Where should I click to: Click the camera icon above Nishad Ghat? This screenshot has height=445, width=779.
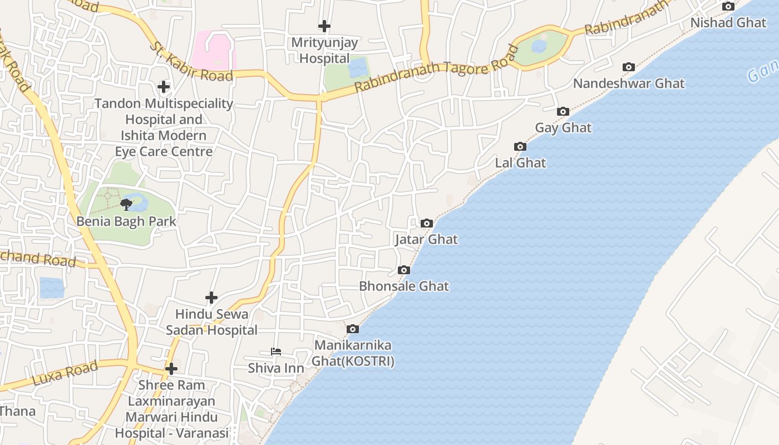(x=728, y=7)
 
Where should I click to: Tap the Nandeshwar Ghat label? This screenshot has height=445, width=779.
(x=629, y=83)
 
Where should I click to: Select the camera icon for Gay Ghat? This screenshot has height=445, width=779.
(x=563, y=112)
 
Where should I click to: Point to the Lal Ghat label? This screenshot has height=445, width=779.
(x=521, y=163)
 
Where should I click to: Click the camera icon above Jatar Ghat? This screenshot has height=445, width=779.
(x=427, y=224)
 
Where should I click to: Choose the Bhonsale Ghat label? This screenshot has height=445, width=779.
(x=404, y=286)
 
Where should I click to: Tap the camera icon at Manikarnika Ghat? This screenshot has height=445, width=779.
(x=353, y=329)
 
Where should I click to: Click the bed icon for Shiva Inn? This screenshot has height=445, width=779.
(x=276, y=352)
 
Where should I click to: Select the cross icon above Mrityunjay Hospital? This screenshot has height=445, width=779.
(x=324, y=26)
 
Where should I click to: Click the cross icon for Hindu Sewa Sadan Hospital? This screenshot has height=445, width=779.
(x=211, y=298)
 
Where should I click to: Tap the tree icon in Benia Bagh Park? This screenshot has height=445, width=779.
(x=126, y=205)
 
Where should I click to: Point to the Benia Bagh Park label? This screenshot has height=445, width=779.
(x=126, y=221)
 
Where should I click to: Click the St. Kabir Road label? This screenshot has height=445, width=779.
(x=190, y=61)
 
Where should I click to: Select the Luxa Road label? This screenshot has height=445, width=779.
(x=65, y=373)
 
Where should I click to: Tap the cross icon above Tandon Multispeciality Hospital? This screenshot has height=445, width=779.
(x=164, y=87)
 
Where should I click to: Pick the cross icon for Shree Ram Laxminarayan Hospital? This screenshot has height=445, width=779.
(x=171, y=369)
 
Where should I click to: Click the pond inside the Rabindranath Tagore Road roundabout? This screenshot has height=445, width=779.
(x=539, y=46)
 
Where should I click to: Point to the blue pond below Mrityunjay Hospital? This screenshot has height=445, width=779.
(x=358, y=68)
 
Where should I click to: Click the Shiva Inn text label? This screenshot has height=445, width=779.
(x=276, y=368)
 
